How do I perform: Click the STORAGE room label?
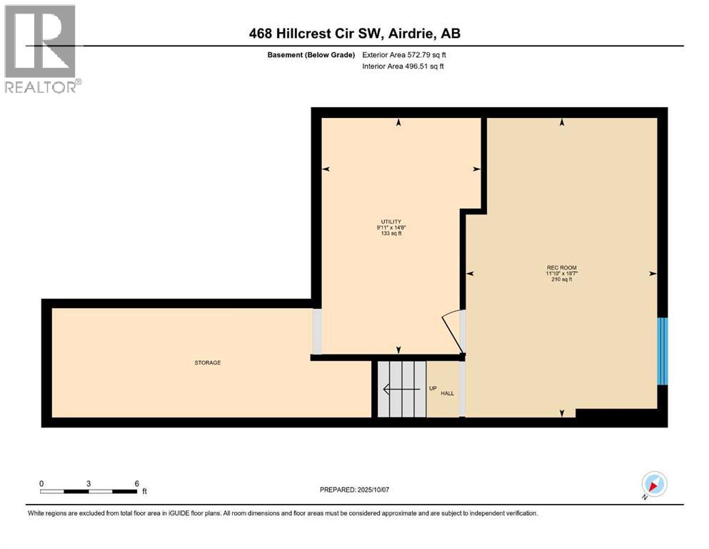point(208,363)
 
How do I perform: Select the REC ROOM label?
point(561,267)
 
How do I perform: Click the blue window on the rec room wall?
point(662,351)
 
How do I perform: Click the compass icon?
point(654,485)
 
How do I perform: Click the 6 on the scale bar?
point(136,483)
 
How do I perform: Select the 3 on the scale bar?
point(89,483)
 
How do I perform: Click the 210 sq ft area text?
point(561,280)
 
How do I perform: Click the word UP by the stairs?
point(433,389)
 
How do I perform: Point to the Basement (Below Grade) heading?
point(308,55)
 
